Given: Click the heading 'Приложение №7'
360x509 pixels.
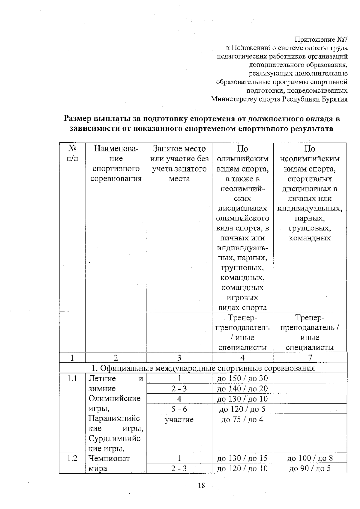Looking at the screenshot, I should [x=321, y=40].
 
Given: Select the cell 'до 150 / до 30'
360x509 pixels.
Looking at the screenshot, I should [x=242, y=379].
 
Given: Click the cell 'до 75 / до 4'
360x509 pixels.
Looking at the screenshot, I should [x=242, y=419].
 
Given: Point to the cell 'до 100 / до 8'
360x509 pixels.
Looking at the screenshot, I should [x=310, y=458].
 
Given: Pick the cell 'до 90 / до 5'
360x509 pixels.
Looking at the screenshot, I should [x=310, y=468].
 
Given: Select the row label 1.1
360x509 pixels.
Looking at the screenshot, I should [x=72, y=379].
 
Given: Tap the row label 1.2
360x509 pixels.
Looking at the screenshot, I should [x=72, y=458].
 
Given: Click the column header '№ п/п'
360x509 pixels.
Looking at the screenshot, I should [x=72, y=153].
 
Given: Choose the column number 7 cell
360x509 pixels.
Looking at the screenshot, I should [x=310, y=358].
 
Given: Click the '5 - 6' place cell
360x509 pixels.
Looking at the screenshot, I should [x=179, y=409].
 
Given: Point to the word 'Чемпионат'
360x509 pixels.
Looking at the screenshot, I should [x=109, y=458].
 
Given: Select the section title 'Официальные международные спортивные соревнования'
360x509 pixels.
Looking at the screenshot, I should [x=207, y=368].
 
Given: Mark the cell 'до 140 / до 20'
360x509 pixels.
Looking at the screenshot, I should [x=242, y=389].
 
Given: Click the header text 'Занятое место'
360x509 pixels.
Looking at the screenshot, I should [x=179, y=149].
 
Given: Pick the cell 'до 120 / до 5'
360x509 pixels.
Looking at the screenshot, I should [x=242, y=409].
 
